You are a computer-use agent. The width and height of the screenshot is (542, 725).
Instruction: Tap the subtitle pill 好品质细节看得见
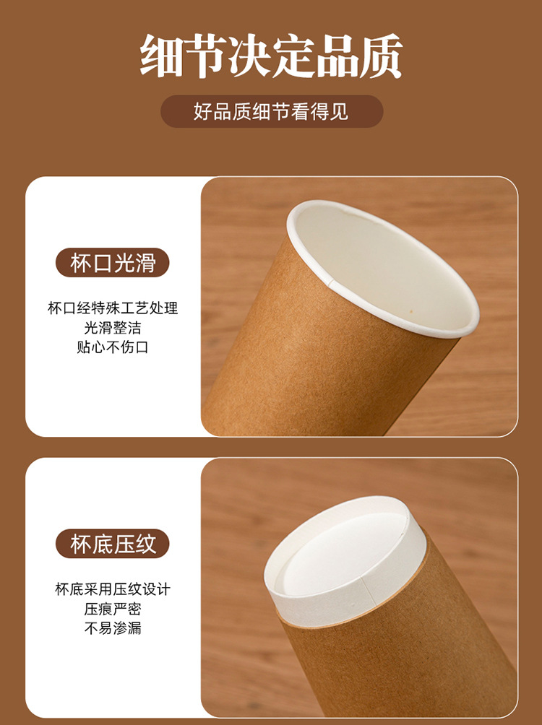tap(271, 112)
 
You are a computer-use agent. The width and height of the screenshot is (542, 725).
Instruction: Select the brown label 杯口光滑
tap(113, 263)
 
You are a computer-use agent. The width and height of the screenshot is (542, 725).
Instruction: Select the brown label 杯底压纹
tap(113, 544)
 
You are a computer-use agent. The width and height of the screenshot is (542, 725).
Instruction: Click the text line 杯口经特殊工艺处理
tap(113, 308)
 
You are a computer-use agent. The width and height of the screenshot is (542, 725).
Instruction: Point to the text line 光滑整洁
tap(113, 328)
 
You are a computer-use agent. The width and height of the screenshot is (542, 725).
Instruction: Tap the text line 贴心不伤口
tap(113, 347)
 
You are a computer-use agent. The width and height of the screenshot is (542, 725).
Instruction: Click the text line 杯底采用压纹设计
tap(113, 589)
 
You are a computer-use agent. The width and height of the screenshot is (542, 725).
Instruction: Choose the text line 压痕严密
tap(113, 609)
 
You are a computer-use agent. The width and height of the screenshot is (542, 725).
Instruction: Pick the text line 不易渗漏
tap(113, 628)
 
